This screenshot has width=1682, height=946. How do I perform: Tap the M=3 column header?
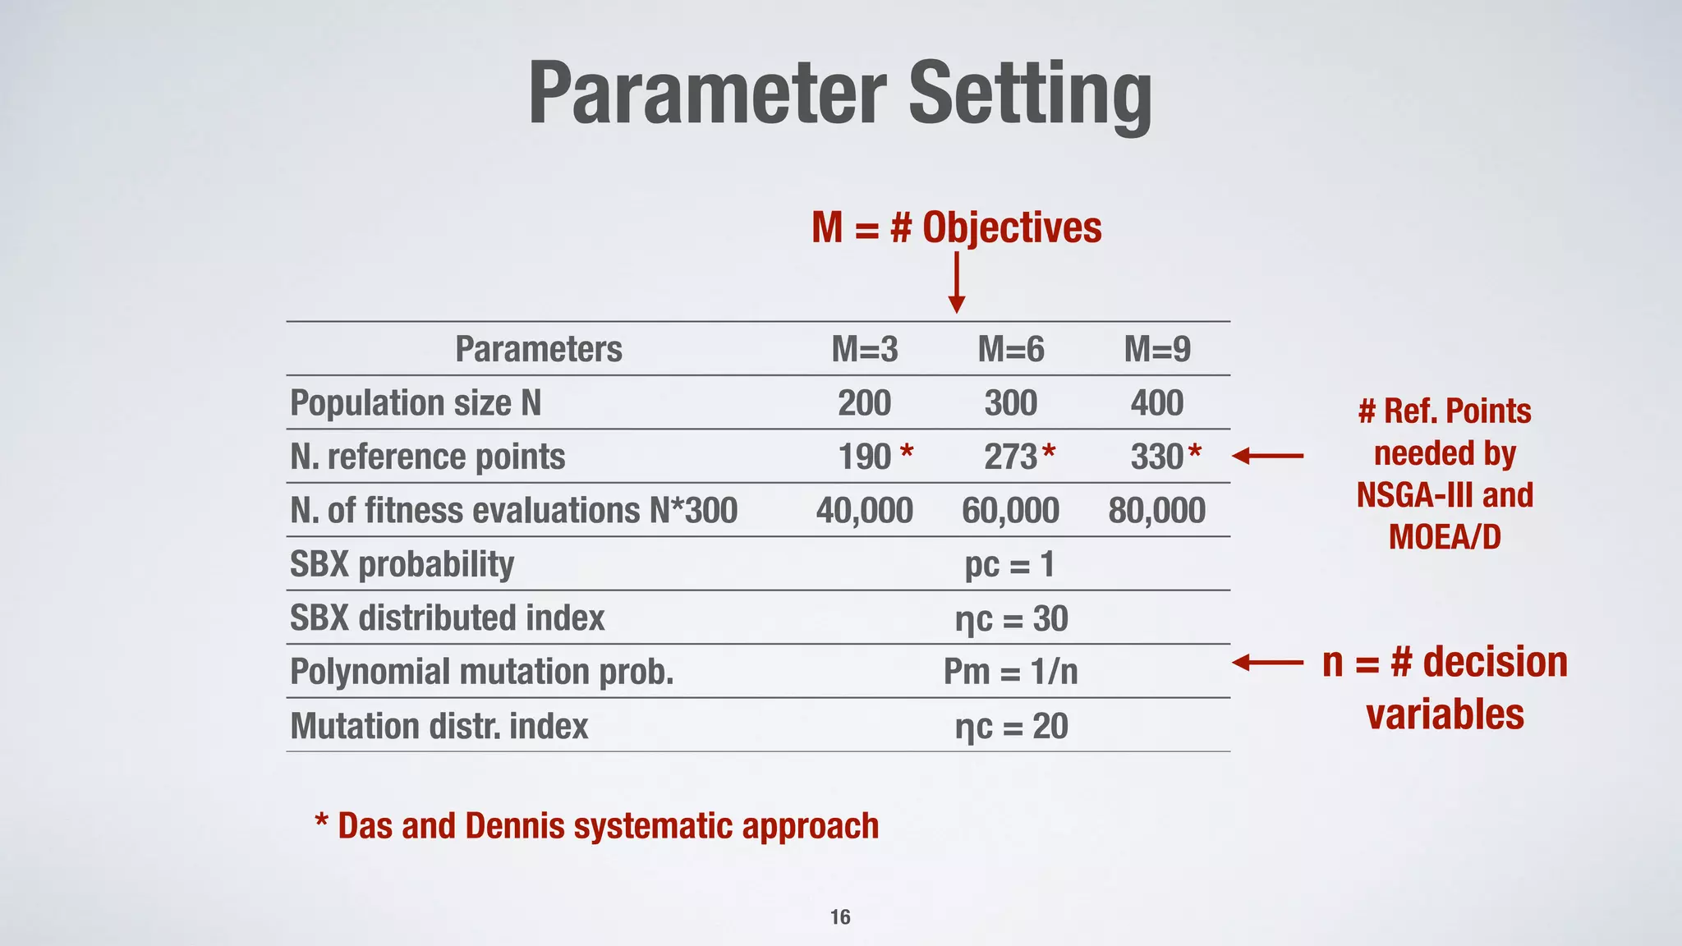[x=864, y=350]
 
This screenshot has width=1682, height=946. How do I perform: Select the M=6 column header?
[x=1010, y=350]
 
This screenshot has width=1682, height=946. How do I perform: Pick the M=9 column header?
[x=1156, y=350]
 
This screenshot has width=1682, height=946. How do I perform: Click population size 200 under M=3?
[x=864, y=403]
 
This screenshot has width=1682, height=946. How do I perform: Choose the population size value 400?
[x=1156, y=403]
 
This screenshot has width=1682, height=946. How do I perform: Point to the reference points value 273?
[x=1011, y=457]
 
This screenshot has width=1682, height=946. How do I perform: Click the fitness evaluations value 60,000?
[x=1010, y=511]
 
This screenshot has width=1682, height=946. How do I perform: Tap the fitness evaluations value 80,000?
[x=1156, y=511]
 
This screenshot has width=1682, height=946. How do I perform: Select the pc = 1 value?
[x=1009, y=565]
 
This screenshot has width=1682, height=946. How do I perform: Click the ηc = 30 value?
[x=1011, y=619]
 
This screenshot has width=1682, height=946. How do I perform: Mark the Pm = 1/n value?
[x=1010, y=673]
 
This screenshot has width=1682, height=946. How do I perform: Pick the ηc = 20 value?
[x=1011, y=727]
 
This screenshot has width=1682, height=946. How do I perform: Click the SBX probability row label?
[x=402, y=565]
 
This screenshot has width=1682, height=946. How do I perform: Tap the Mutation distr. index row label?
[x=439, y=727]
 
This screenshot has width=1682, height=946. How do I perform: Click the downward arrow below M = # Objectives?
[x=956, y=283]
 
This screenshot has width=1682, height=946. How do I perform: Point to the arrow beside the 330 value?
[x=1267, y=456]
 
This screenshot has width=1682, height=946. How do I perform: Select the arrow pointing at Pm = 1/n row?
[x=1267, y=663]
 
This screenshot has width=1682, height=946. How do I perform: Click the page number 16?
[x=840, y=917]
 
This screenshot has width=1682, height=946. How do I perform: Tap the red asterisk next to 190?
[x=906, y=451]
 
